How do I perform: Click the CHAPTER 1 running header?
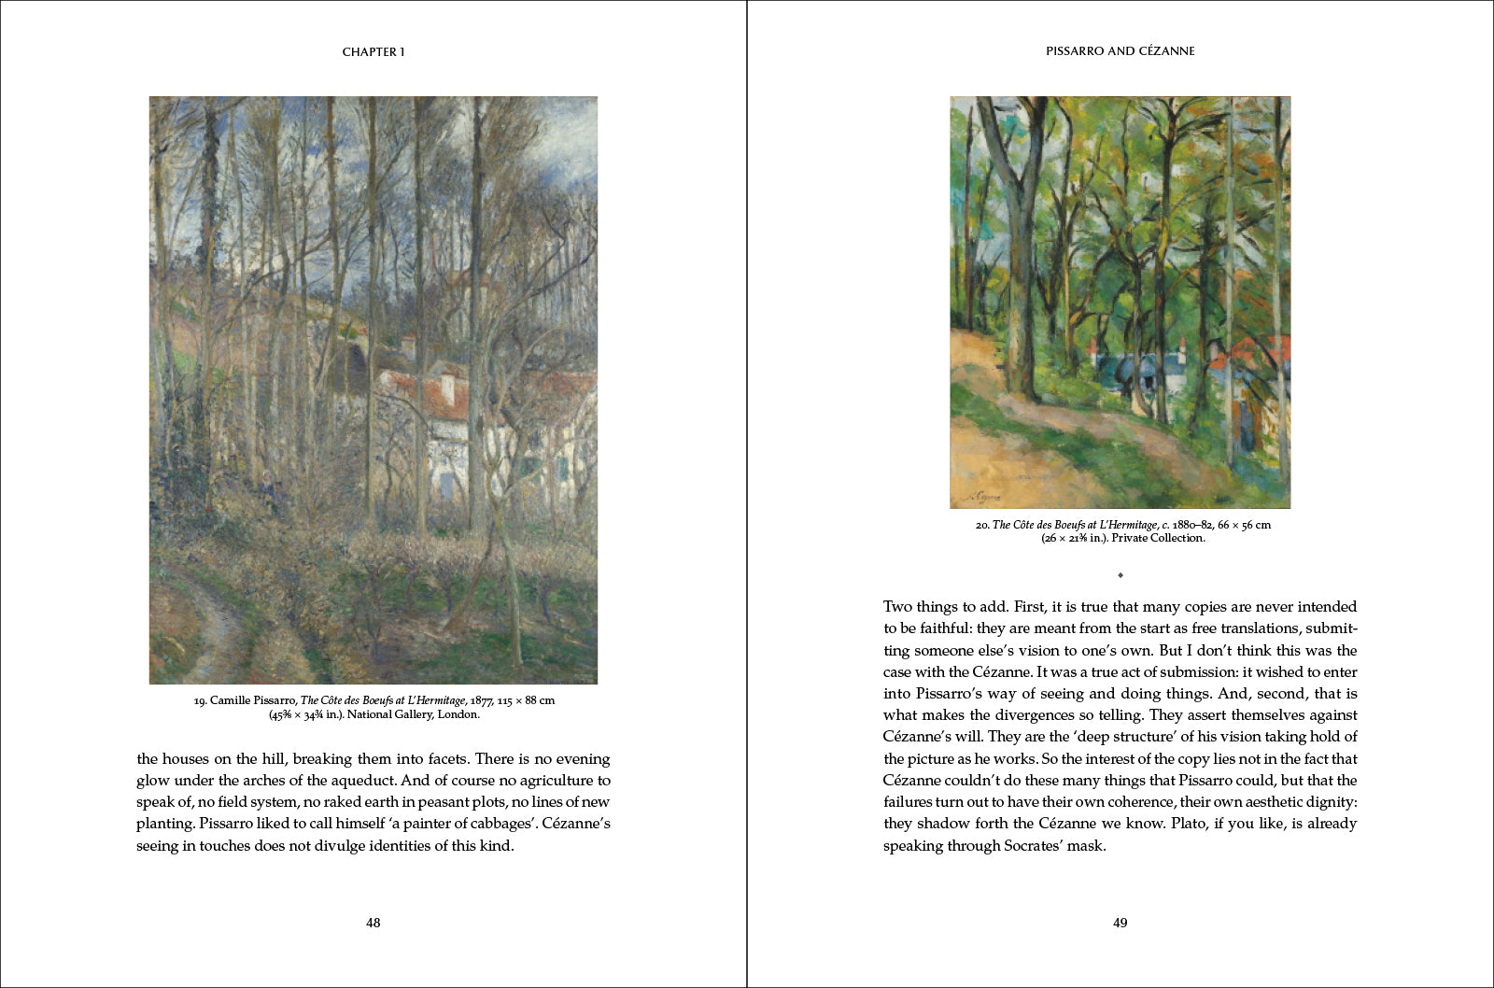point(373,52)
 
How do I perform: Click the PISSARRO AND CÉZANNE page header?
point(1120,51)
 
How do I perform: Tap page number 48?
point(373,923)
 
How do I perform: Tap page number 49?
point(1120,923)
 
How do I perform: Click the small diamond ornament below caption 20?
point(1120,575)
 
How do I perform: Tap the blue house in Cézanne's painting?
point(1135,370)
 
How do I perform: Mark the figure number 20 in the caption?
point(981,525)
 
